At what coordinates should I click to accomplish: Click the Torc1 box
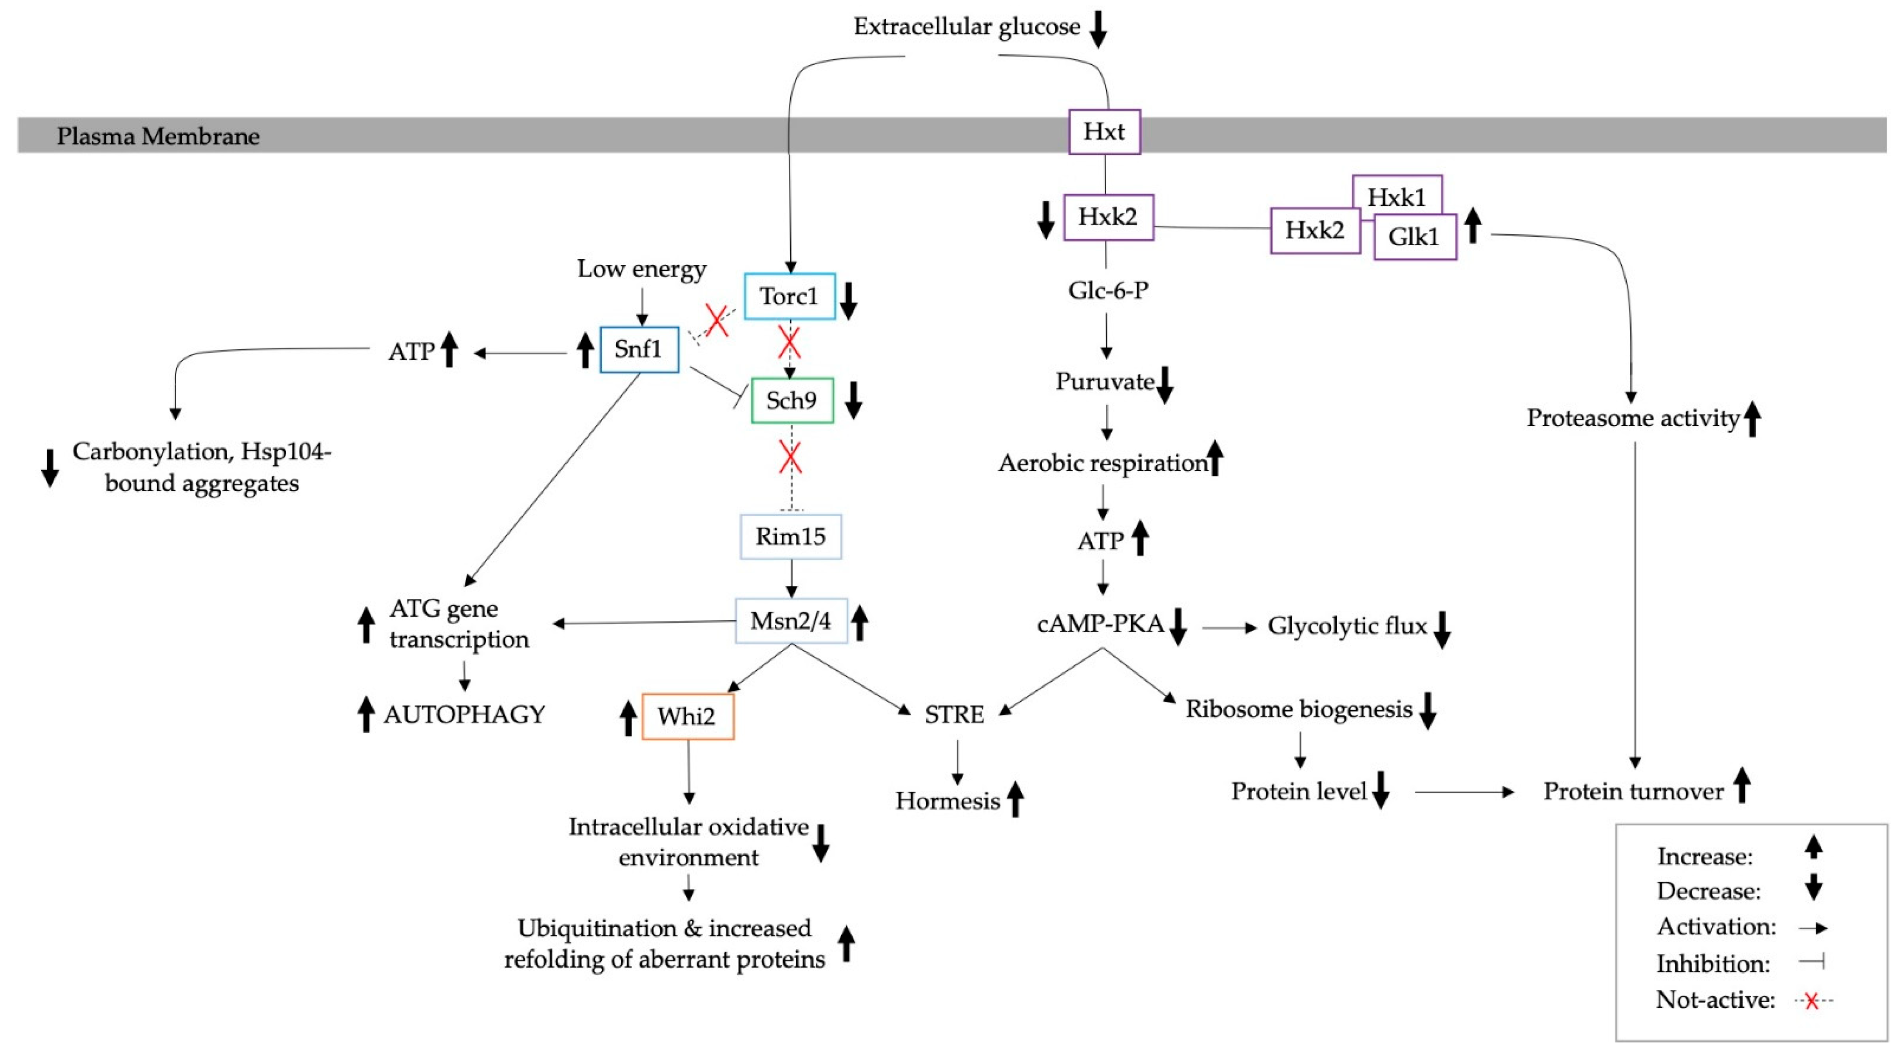(x=789, y=296)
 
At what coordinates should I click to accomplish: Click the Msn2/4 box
(x=791, y=621)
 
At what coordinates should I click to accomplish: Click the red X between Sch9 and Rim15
(x=791, y=458)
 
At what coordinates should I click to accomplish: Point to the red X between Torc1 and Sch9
(x=789, y=343)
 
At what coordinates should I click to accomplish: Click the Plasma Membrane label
(x=158, y=136)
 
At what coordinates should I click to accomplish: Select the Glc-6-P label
(x=1107, y=290)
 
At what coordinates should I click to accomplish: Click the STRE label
(x=954, y=714)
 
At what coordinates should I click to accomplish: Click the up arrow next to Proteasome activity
(x=1752, y=419)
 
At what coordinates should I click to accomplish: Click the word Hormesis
(x=947, y=801)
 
